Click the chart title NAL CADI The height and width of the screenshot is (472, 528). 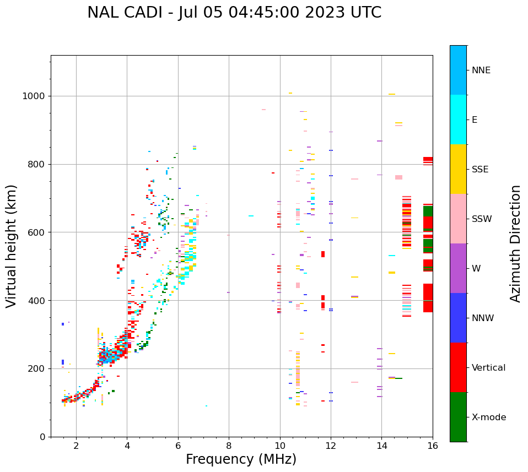pos(234,13)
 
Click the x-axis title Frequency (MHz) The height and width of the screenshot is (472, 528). pos(241,459)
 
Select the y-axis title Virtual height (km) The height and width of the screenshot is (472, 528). pos(12,246)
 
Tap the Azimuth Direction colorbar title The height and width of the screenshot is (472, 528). pos(515,243)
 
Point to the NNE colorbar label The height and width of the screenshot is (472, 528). pos(481,70)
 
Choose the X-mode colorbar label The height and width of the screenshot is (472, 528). pos(488,417)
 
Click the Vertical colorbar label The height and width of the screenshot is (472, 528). pos(488,368)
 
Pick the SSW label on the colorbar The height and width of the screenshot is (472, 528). pos(481,219)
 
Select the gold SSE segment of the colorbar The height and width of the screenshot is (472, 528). pos(458,169)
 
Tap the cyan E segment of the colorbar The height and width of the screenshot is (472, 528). pos(458,120)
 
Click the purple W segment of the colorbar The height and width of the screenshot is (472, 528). pos(458,268)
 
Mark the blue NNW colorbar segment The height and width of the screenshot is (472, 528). pos(458,318)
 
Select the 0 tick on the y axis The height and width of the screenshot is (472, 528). pos(43,437)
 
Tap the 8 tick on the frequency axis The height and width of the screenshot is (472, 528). pos(229,446)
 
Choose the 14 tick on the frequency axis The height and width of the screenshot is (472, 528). pos(381,446)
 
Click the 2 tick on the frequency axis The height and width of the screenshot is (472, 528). pos(76,446)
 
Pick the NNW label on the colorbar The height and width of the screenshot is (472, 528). pos(483,318)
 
